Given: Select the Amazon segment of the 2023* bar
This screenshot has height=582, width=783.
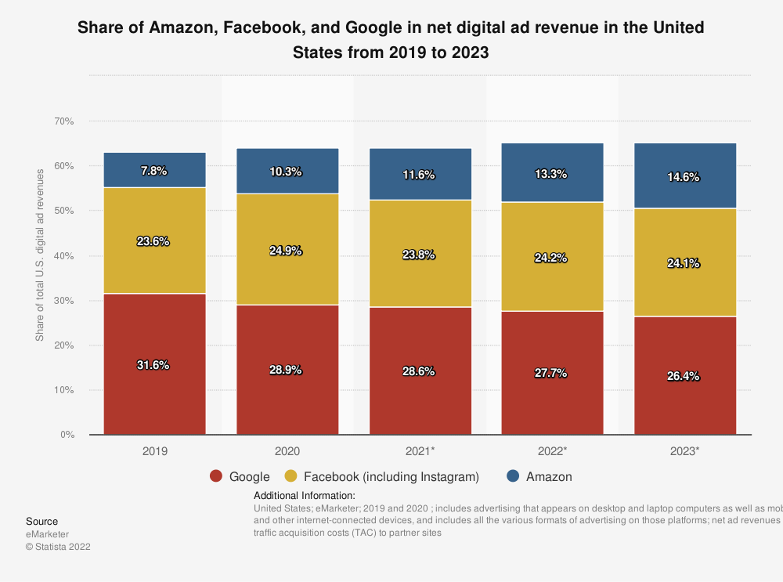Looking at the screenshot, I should click(685, 161).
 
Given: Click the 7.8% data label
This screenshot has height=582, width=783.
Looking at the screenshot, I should click(154, 171).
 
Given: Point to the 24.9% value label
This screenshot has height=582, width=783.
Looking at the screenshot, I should click(287, 251).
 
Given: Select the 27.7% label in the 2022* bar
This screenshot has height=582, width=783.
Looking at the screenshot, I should click(553, 374).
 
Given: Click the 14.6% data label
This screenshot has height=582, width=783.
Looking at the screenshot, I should click(685, 177).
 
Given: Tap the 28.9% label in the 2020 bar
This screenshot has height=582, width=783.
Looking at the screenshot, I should click(287, 371).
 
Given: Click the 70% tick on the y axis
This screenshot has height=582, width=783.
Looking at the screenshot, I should click(64, 121).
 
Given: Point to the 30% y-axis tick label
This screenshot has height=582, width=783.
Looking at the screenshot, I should click(64, 301).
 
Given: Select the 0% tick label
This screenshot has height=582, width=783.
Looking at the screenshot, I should click(67, 435).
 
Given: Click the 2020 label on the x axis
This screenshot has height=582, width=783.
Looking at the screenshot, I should click(287, 452).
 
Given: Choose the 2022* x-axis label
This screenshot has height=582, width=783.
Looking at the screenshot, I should click(553, 452).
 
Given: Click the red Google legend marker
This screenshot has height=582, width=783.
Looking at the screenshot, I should click(217, 476).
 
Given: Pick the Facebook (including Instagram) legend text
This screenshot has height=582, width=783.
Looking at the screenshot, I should click(391, 476).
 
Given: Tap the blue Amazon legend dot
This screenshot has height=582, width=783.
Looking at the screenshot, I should click(514, 476).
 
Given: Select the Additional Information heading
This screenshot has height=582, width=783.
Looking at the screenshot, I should click(305, 496).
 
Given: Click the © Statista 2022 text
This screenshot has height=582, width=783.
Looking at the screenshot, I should click(58, 547).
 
